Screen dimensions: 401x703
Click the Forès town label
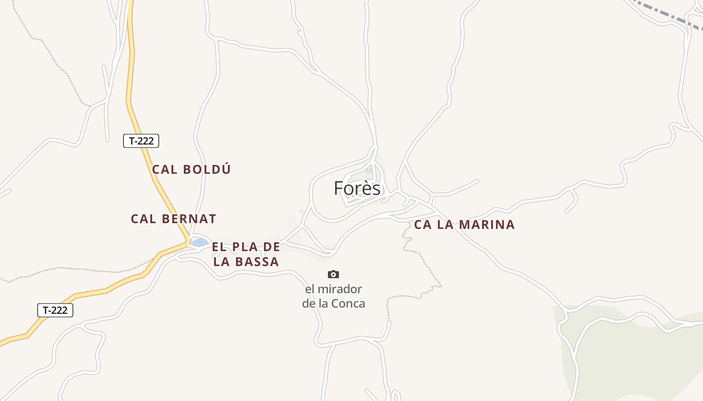[357, 188]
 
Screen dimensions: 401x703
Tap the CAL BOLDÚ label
[191, 169]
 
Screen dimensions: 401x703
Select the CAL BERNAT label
[173, 219]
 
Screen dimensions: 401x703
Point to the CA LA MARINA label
[464, 225]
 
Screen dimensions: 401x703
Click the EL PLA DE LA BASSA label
[246, 254]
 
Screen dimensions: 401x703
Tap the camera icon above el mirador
[333, 274]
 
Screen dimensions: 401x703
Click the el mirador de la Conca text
[333, 296]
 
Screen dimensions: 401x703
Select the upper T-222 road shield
[141, 141]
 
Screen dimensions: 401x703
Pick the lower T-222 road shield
[55, 310]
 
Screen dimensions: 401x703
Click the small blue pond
[200, 243]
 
